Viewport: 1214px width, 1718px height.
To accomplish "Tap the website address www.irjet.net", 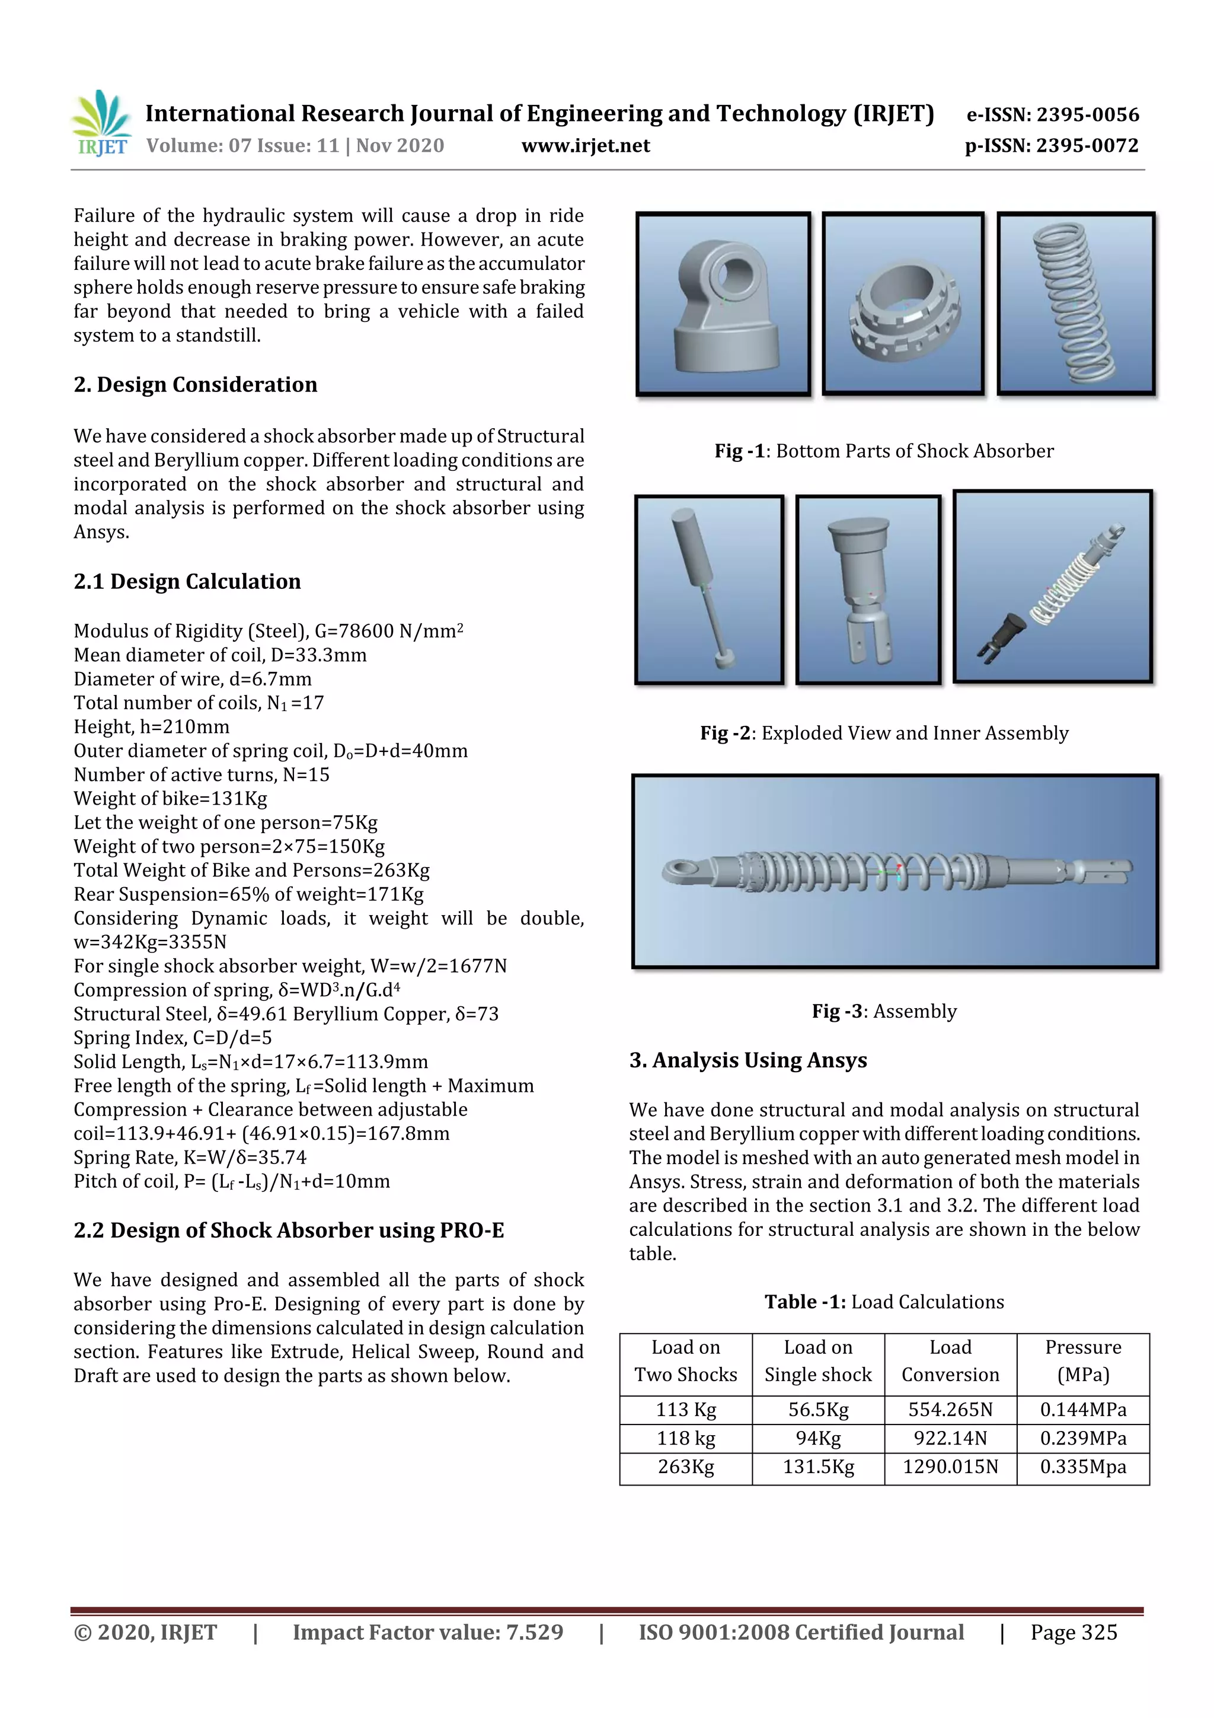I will click(585, 146).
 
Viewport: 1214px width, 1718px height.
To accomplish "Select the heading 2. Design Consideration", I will click(195, 385).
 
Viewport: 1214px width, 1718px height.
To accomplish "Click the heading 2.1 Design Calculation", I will click(187, 581).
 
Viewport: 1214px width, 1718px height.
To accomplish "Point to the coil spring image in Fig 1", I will click(1075, 303).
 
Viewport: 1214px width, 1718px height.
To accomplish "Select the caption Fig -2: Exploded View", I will click(883, 734).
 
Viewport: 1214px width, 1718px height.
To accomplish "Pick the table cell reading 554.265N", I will click(950, 1410).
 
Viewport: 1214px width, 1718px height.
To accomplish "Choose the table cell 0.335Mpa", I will click(1082, 1467).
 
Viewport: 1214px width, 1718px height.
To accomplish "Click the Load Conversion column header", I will click(950, 1361).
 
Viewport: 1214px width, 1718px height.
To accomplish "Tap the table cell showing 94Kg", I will click(817, 1438).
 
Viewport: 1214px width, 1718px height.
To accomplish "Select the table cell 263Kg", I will click(685, 1467).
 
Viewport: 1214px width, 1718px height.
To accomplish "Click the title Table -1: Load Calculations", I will click(883, 1302).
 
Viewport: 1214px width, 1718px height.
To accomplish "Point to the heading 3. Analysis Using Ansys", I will click(748, 1060).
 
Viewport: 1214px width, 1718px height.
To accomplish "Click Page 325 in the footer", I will click(1074, 1633).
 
